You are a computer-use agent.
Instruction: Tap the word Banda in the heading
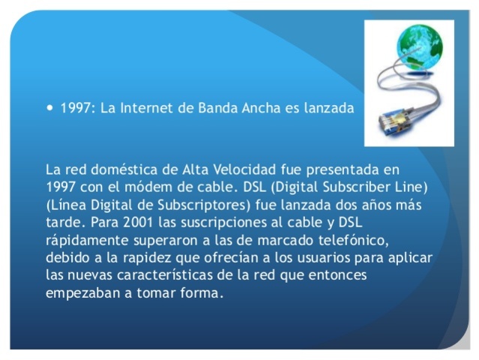[x=214, y=108]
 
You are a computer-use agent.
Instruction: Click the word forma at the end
[x=202, y=293]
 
